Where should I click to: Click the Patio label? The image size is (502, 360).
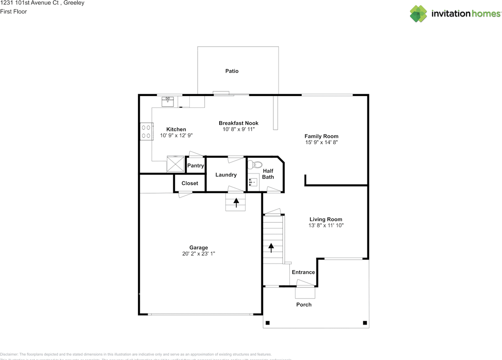click(x=231, y=71)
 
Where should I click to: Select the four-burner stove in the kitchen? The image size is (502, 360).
click(x=146, y=131)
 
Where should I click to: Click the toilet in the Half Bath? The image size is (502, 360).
click(x=257, y=165)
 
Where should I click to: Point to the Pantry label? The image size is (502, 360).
click(x=195, y=165)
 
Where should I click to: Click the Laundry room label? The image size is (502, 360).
click(x=226, y=175)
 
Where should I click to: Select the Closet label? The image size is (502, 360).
click(x=190, y=183)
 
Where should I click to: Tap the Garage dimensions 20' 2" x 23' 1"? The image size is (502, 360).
click(x=198, y=254)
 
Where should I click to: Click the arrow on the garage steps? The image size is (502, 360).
click(x=236, y=202)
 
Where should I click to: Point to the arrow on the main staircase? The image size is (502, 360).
click(x=271, y=247)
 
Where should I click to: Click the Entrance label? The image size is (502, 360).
click(x=303, y=272)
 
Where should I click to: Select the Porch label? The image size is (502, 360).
click(x=304, y=304)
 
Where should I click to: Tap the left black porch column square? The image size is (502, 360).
click(x=268, y=323)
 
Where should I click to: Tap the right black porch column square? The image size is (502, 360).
click(x=365, y=323)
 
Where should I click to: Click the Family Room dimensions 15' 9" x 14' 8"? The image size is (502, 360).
click(x=321, y=143)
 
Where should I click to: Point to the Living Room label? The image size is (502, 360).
click(x=326, y=219)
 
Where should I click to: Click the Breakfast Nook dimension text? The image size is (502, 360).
click(x=238, y=129)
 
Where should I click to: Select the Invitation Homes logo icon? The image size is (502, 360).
click(x=418, y=14)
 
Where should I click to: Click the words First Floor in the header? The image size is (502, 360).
click(x=13, y=11)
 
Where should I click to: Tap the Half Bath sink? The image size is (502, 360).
click(x=253, y=182)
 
